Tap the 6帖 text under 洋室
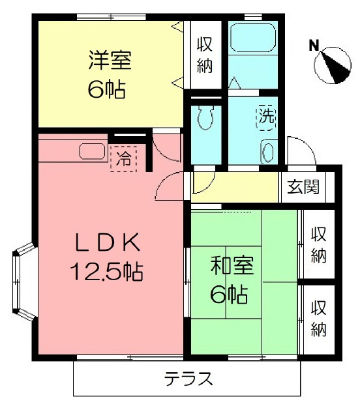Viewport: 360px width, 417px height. point(107,89)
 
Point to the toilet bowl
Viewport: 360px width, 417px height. point(204,118)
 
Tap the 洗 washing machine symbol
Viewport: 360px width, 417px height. point(266,116)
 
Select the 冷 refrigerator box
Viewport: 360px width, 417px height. point(124,157)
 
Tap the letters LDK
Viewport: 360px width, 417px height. point(107,242)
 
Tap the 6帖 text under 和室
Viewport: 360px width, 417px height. point(228,295)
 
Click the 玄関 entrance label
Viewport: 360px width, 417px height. point(303,187)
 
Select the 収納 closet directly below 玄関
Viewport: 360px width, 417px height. point(318,244)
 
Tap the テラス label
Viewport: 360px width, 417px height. point(188,379)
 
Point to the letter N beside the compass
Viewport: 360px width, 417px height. point(314,46)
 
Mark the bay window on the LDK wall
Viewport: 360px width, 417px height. point(23,283)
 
